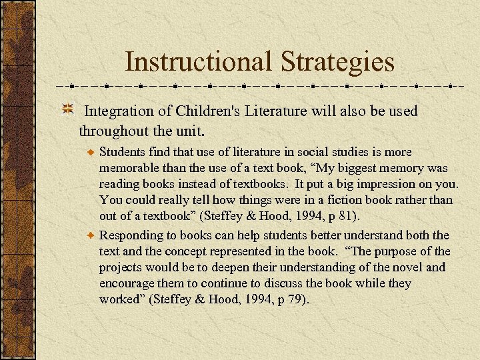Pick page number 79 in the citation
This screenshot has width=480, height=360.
(x=295, y=299)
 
